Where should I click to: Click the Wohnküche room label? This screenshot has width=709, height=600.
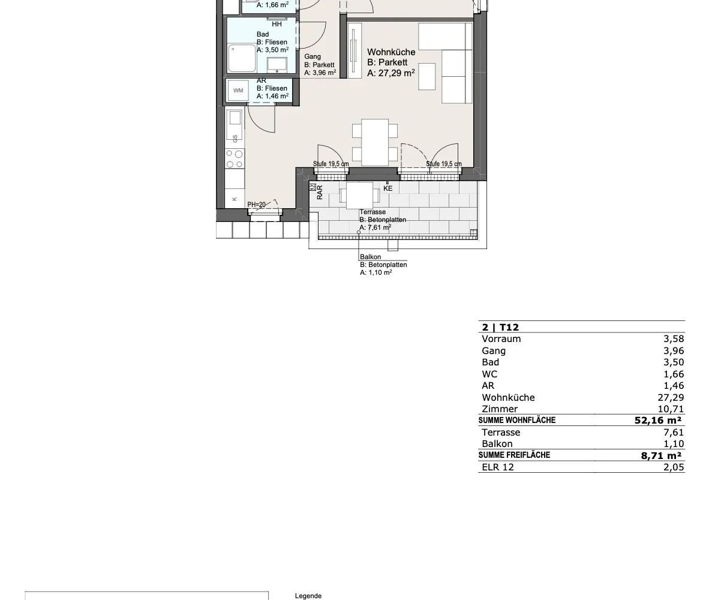coord(391,52)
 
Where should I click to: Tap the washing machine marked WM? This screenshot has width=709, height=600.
coord(238,91)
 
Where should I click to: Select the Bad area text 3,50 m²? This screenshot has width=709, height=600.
coord(277,50)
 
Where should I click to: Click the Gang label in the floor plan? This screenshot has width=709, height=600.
coord(313,56)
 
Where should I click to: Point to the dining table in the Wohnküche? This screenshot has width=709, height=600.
coord(375,142)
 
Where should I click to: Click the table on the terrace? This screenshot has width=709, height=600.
coord(359,196)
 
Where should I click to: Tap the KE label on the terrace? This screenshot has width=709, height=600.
coord(388,188)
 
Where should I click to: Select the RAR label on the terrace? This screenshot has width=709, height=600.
coord(320,192)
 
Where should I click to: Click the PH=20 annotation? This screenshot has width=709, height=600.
coord(256,205)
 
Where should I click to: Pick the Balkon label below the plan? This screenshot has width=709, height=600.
coord(370,257)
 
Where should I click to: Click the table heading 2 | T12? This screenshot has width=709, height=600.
coord(500,328)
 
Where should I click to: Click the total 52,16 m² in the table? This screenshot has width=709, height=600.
coord(658,421)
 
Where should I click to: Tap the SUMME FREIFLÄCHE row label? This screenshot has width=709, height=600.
coord(514,455)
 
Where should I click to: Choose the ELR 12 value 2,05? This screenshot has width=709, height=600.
coord(674,467)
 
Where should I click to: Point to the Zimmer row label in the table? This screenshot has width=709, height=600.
coord(500,409)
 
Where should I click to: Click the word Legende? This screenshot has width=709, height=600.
coord(308,596)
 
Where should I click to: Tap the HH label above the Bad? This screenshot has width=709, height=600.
coord(277,25)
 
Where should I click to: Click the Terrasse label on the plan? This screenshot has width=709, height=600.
coord(372,212)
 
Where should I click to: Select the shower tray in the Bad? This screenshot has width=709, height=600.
coord(242,58)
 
